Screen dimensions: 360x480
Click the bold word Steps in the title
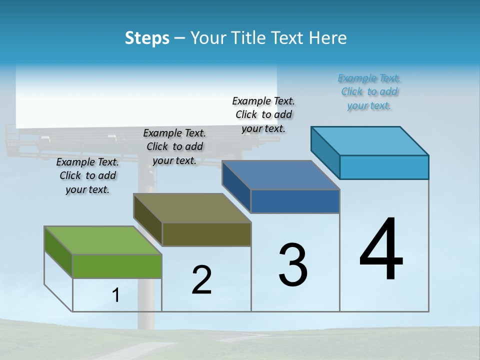click(147, 38)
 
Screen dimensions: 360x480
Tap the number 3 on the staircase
click(293, 265)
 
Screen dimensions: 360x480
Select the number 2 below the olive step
click(201, 280)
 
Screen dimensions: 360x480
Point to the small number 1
click(115, 295)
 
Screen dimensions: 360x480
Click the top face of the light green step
click(102, 240)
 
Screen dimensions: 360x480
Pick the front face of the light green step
click(117, 266)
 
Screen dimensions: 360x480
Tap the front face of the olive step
click(206, 234)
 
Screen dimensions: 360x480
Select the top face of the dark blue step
click(281, 175)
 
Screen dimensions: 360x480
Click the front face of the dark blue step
click(295, 201)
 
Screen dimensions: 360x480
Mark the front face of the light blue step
click(384, 167)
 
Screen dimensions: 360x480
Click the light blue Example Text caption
click(369, 92)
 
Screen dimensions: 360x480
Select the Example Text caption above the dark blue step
click(263, 114)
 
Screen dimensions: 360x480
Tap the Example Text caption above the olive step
click(174, 146)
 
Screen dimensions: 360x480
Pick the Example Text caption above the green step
click(87, 175)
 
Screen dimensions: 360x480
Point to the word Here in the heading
click(329, 38)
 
